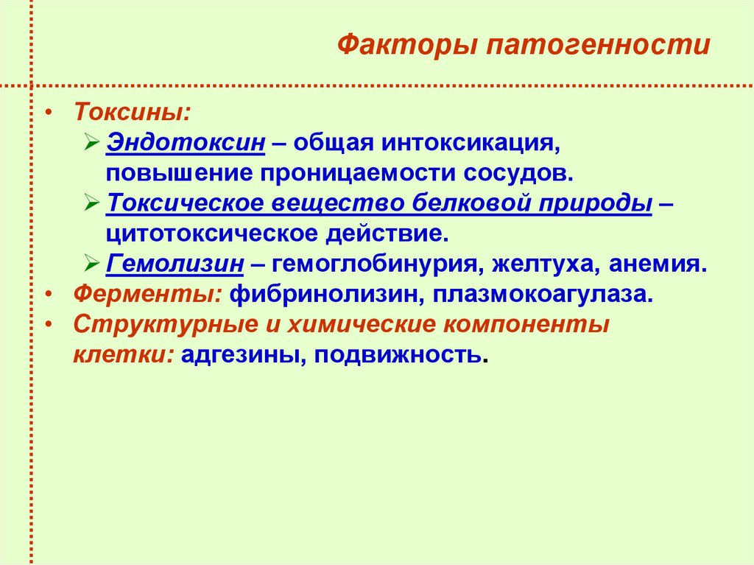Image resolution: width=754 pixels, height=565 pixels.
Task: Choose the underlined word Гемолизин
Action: (175, 263)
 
